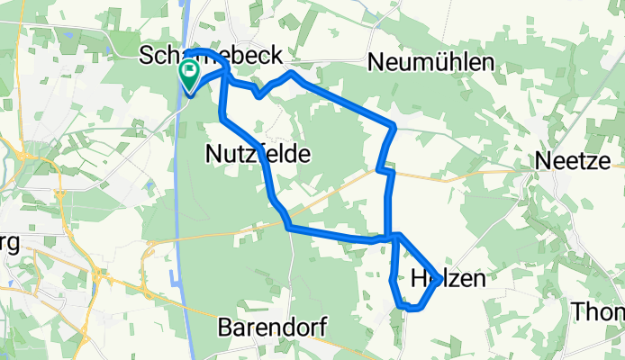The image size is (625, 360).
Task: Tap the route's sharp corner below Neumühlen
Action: click(x=394, y=125)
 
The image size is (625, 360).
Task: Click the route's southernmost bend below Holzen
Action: click(x=411, y=308)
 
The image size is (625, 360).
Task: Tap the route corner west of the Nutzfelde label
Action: click(x=222, y=118)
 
